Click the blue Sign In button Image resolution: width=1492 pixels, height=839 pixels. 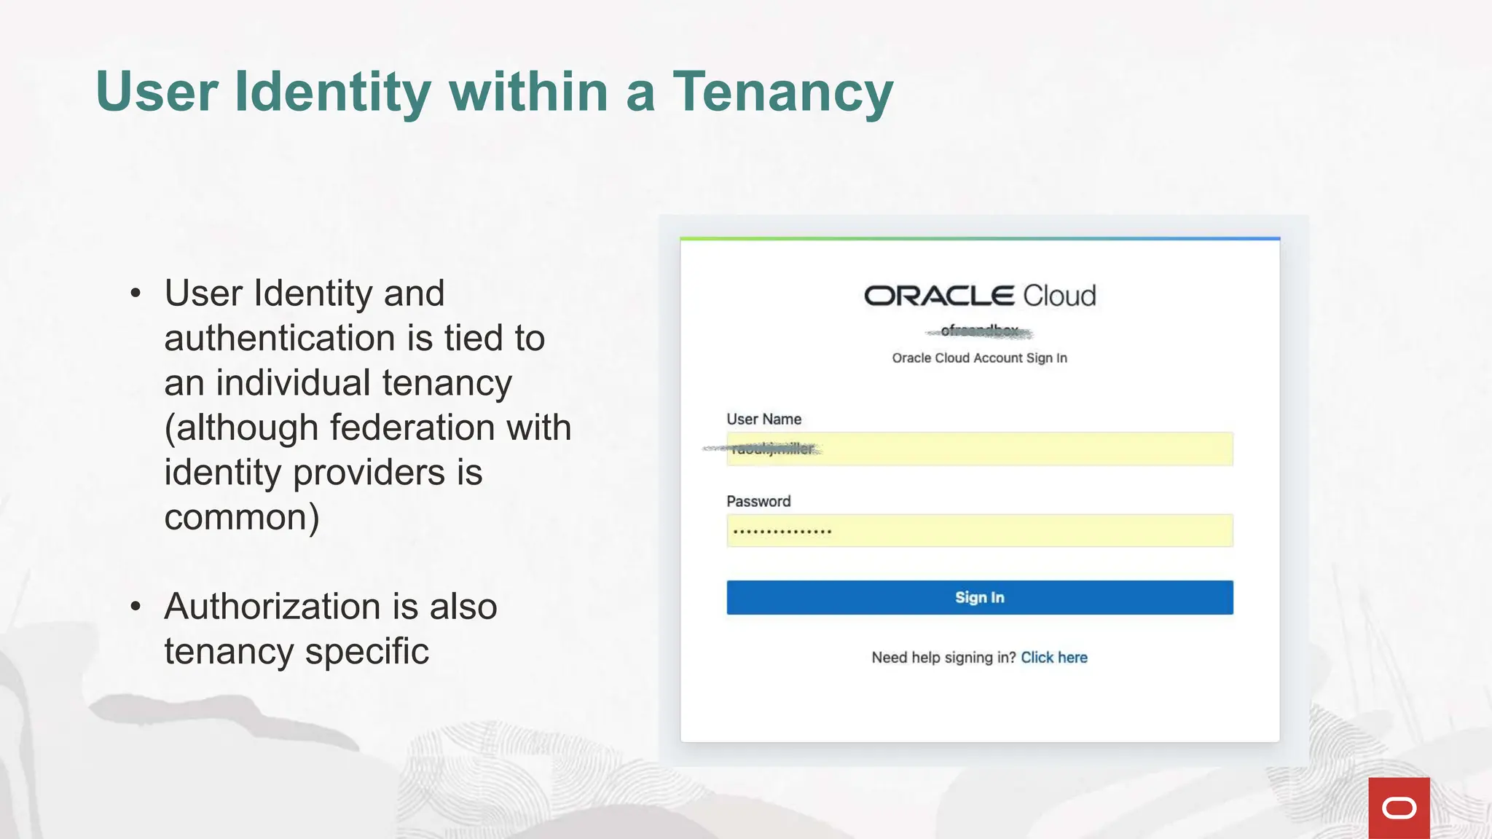click(979, 597)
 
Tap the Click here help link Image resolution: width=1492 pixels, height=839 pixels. click(1053, 658)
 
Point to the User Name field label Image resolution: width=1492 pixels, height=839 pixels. click(763, 419)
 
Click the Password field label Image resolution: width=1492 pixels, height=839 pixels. click(758, 501)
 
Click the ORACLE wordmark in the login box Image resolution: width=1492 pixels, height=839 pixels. click(939, 296)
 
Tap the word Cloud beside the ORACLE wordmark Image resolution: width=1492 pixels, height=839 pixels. click(1059, 296)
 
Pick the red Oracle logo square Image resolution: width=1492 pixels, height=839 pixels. click(1399, 808)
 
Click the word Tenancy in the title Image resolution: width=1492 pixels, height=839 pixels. click(782, 92)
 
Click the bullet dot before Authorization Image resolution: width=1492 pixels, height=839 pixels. click(136, 607)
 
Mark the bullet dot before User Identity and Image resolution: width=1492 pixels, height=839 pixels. click(136, 294)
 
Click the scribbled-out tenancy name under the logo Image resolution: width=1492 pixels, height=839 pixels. click(979, 331)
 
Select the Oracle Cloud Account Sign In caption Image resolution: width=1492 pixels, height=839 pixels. click(979, 358)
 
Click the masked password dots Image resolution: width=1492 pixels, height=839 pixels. click(782, 532)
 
